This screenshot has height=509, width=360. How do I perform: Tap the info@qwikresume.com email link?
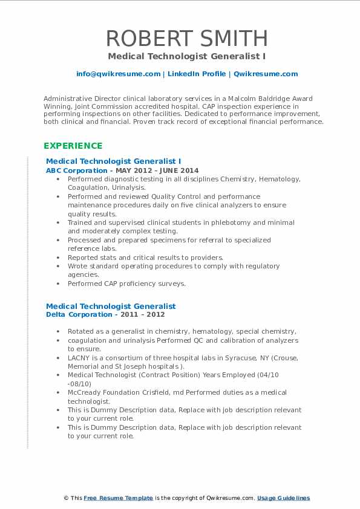tap(118, 74)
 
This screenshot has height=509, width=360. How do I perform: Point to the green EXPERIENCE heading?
tap(72, 146)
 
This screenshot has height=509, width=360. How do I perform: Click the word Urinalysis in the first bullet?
tap(128, 187)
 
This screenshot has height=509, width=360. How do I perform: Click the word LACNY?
tap(79, 358)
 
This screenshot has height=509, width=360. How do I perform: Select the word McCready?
tap(85, 393)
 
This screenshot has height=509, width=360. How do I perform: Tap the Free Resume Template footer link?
tap(118, 498)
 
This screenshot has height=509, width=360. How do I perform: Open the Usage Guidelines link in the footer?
tap(283, 498)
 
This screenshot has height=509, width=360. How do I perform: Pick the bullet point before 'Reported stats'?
tap(57, 258)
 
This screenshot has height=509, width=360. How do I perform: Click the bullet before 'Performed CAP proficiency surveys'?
tap(57, 284)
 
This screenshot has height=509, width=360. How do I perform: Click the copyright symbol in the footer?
tap(66, 498)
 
